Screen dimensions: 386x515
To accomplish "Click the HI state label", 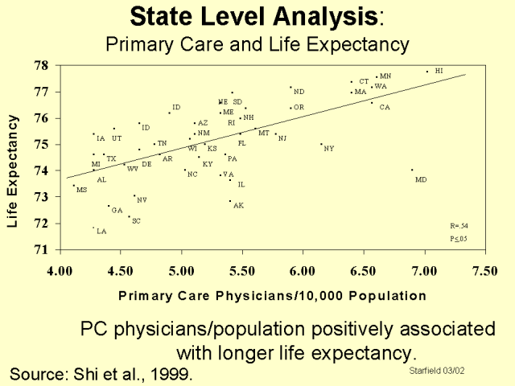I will click(x=439, y=71).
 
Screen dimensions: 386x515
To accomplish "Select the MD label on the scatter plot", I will click(x=421, y=179).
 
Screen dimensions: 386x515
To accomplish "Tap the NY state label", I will click(x=328, y=148).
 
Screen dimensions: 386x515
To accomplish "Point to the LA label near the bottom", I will click(x=101, y=232).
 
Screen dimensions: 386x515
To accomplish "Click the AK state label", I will click(x=238, y=206).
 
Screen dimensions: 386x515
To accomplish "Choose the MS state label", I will click(x=81, y=191).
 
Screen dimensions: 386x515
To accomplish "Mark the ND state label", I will click(x=299, y=92).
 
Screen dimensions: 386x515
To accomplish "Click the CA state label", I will click(x=385, y=107).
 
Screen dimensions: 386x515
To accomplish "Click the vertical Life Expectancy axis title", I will click(x=13, y=159).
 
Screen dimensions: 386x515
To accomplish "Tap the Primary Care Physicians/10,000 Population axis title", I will click(x=272, y=295).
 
